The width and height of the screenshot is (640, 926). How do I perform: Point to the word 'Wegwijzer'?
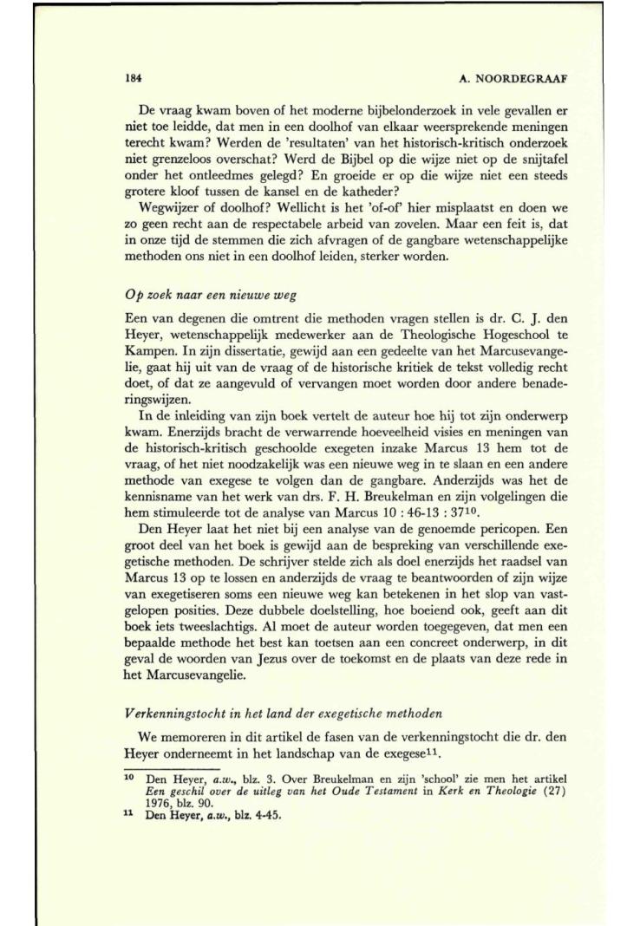[168, 209]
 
